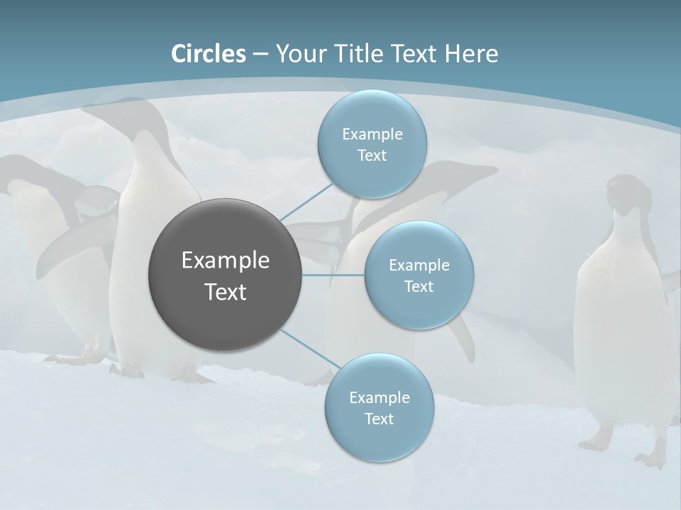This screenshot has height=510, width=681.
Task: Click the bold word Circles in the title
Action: pyautogui.click(x=209, y=54)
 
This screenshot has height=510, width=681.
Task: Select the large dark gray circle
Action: pyautogui.click(x=225, y=275)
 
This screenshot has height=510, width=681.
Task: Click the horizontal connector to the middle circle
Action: pyautogui.click(x=333, y=275)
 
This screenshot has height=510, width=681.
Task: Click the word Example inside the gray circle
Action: pyautogui.click(x=225, y=261)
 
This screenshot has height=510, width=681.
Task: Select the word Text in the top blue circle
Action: pyautogui.click(x=372, y=156)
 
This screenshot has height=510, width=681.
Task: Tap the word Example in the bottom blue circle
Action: pyautogui.click(x=379, y=397)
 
